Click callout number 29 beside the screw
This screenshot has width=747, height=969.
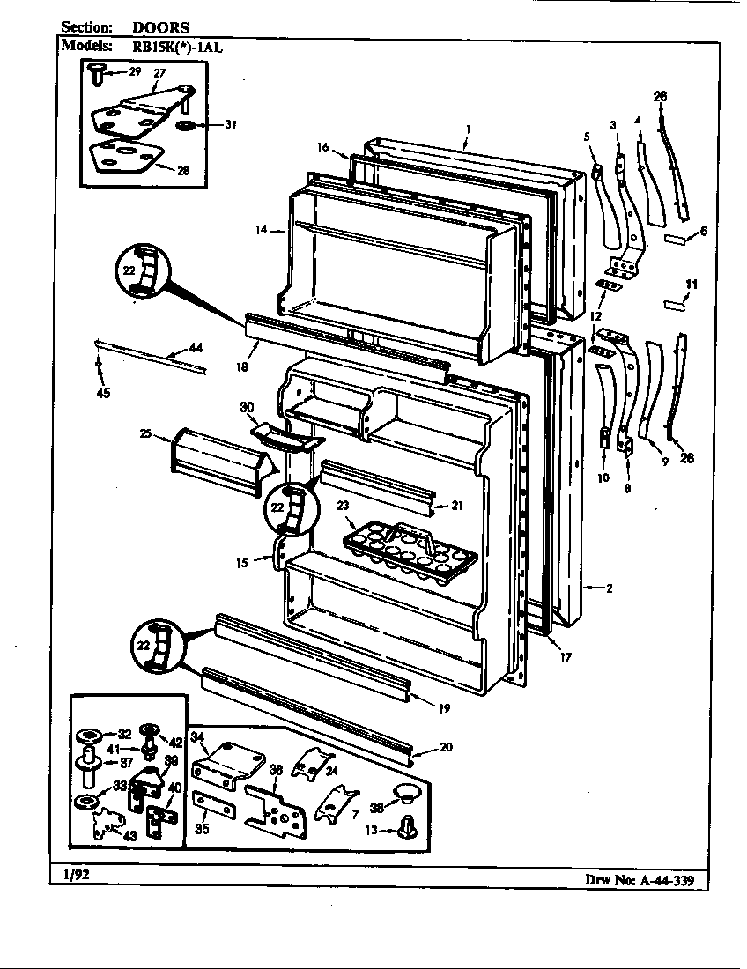click(134, 70)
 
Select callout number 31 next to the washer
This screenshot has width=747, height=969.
click(230, 124)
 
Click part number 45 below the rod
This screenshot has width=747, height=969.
click(103, 394)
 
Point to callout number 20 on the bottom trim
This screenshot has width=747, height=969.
click(446, 747)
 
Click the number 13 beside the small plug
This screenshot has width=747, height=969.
click(371, 829)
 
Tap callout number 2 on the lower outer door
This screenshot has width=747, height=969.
click(608, 588)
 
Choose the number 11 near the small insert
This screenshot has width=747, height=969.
click(692, 284)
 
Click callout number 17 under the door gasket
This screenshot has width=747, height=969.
click(565, 656)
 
